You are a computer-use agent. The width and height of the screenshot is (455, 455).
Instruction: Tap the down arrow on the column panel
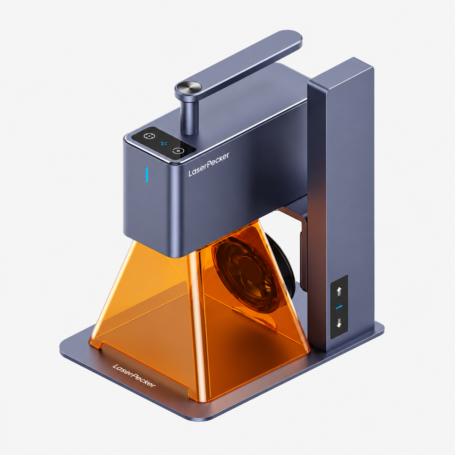click(x=339, y=323)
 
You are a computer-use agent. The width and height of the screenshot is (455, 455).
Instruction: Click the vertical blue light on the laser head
click(x=147, y=174)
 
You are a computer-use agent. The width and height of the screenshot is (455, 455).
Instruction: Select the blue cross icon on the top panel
click(x=164, y=143)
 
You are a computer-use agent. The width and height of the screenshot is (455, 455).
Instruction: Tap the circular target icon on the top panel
click(x=149, y=136)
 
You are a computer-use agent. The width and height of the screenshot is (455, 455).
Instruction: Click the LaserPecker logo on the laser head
click(x=209, y=164)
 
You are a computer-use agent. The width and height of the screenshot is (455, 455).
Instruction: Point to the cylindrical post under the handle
click(x=189, y=117)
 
